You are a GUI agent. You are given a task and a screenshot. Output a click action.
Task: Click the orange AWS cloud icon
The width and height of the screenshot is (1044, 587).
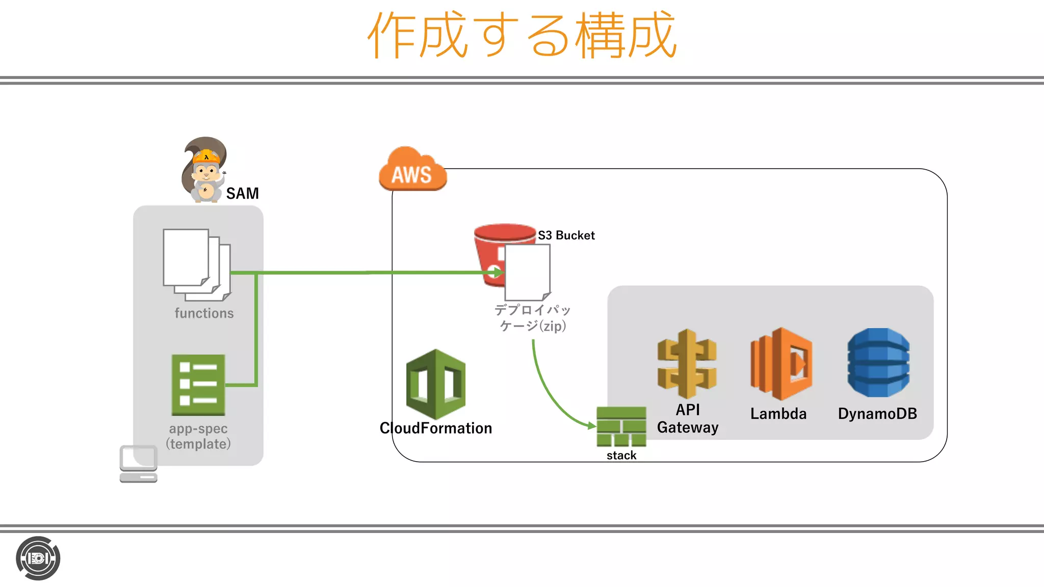[x=412, y=170]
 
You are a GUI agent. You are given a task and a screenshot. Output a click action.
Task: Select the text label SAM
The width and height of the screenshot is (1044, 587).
[x=242, y=194]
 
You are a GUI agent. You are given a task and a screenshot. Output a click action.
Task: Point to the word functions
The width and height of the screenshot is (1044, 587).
[x=204, y=313]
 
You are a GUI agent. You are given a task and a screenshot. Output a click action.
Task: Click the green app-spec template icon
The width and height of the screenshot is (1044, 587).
[x=198, y=385]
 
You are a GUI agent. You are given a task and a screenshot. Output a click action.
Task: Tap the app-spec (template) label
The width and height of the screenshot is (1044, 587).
[x=198, y=436]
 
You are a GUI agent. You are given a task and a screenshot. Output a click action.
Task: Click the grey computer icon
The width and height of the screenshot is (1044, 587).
[x=138, y=464]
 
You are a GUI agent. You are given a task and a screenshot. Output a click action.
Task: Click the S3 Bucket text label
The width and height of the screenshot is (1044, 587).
[x=566, y=235]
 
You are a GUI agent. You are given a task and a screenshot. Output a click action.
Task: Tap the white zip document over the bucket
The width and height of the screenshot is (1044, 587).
[x=528, y=273]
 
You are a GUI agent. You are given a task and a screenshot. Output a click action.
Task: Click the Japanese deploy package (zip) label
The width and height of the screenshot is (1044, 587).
[x=532, y=317]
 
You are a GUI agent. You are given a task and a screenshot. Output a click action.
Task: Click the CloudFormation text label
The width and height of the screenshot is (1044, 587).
[x=436, y=428]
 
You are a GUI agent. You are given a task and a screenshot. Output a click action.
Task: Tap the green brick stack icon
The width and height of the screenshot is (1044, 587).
[x=621, y=426]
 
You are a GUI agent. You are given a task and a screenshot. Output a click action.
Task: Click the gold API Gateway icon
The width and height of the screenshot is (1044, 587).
[x=687, y=363]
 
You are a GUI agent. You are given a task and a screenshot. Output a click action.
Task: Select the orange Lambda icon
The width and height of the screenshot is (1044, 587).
[x=780, y=363]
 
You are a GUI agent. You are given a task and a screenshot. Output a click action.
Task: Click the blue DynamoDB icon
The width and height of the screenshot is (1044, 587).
[x=878, y=362]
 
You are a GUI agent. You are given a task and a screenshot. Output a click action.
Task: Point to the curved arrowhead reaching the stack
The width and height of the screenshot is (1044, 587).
[x=591, y=425]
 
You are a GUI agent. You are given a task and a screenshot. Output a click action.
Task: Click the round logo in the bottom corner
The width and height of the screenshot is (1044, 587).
[x=38, y=558]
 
